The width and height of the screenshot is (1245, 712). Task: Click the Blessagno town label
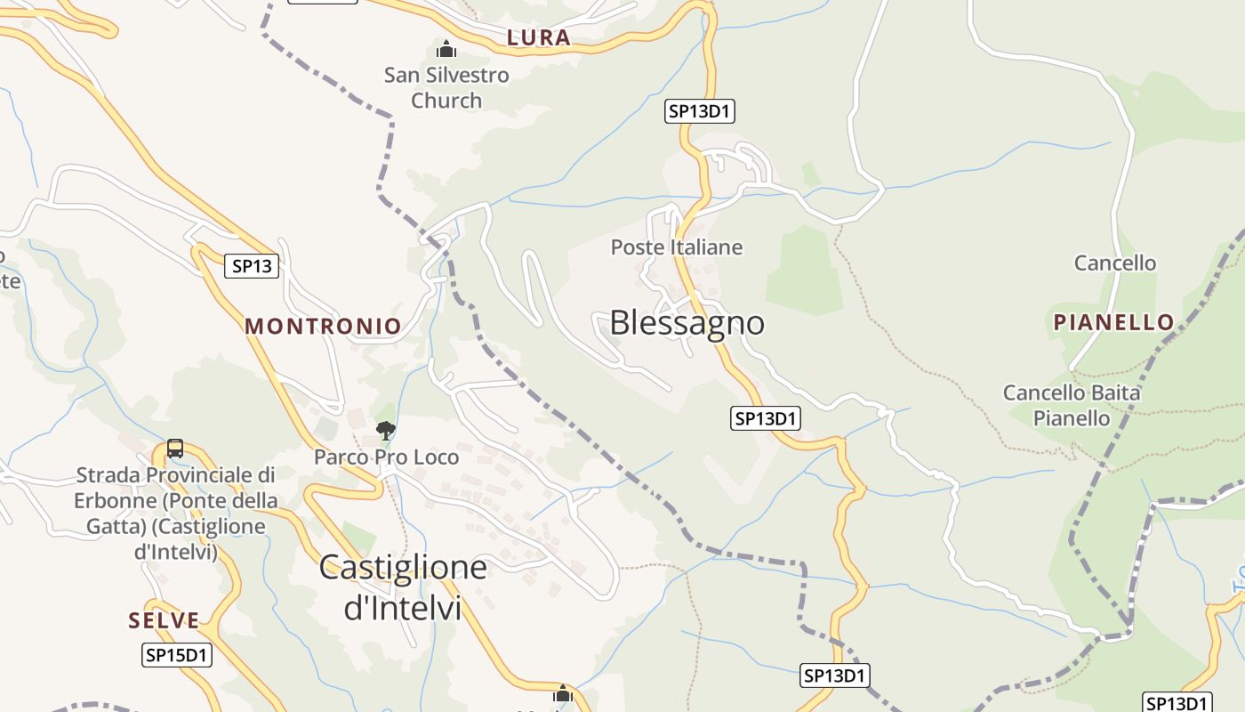coord(687,322)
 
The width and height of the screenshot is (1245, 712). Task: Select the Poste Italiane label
coord(676,247)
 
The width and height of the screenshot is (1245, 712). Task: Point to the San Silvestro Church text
coord(446,87)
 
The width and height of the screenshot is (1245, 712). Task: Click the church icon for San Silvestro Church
coord(446,49)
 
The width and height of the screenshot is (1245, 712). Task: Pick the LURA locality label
coord(538,37)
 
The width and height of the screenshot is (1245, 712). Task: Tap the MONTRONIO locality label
coord(323,326)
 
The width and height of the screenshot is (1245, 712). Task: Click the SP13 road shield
coord(252,265)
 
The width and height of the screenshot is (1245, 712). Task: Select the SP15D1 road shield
coord(177,656)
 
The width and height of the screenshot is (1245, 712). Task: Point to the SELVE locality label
coord(164,620)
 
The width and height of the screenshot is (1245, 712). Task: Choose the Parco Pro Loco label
coord(387,457)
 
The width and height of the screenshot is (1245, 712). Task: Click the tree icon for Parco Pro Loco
coord(385,431)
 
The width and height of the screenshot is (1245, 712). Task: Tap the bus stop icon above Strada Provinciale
coord(175,448)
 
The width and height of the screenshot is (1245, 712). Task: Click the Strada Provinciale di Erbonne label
coord(175,513)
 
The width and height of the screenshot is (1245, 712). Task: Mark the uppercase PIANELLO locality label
coord(1113,322)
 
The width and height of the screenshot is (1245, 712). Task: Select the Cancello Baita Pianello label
coord(1072,405)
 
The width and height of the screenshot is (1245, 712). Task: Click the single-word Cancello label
coord(1115,263)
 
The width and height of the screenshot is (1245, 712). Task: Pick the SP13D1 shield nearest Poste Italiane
coord(701,111)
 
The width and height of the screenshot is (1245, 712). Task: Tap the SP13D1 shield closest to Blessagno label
coord(766,418)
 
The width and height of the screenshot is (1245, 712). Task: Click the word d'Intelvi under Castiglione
coord(403,608)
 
